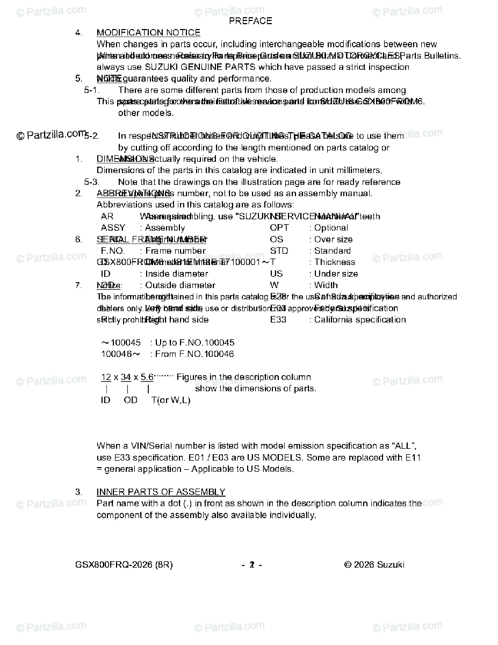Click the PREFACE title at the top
250,21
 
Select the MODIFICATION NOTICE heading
148,33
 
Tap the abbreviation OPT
279,228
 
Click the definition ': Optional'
328,228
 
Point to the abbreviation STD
279,251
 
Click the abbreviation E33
278,320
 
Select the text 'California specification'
360,320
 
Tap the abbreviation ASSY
113,228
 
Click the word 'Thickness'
335,262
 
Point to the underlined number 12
106,377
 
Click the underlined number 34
126,377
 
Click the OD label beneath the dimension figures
131,400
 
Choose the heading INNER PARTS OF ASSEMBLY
161,492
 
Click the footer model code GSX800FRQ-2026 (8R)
124,565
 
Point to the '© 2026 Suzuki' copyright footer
374,565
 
